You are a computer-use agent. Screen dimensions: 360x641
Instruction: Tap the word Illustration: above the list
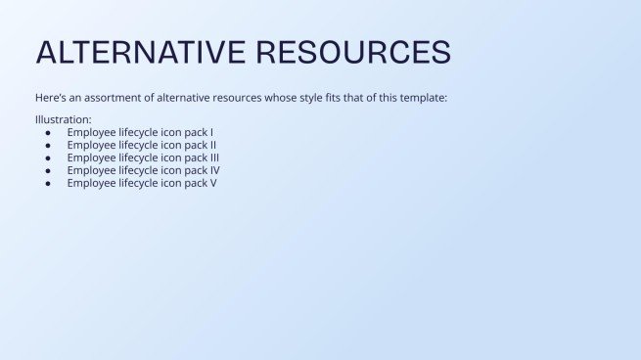point(63,119)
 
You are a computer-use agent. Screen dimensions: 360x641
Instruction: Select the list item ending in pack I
point(140,132)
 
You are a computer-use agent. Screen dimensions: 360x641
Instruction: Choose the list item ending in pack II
point(141,145)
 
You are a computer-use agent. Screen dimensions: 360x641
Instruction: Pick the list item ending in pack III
point(143,157)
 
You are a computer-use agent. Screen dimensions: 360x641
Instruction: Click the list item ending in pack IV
point(143,170)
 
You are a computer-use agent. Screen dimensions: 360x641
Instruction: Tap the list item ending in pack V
point(142,183)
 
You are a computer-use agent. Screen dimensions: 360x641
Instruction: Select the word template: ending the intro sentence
point(423,98)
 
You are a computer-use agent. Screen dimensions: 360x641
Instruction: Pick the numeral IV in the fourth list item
point(213,170)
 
